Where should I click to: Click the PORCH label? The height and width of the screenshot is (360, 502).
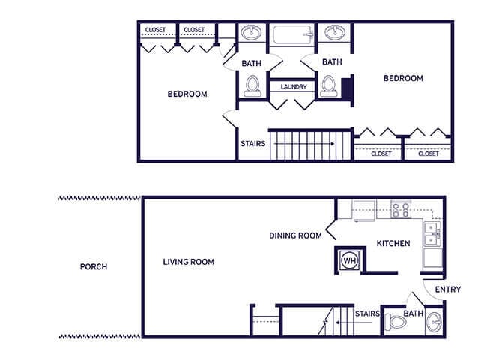94,267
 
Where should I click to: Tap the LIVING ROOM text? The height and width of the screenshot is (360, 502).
188,262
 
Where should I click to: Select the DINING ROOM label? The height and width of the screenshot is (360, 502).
295,235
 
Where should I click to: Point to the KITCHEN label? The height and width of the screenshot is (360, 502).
393,244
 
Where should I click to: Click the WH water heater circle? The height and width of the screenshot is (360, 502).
348,260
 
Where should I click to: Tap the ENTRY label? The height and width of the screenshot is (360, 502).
447,289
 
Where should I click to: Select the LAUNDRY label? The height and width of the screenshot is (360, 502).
293,87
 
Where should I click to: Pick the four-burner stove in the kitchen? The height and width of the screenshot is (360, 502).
399,209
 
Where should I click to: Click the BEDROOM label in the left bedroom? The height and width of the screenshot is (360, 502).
187,94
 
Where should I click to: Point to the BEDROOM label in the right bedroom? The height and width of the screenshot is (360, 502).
403,78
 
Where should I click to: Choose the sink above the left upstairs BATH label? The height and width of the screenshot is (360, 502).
251,33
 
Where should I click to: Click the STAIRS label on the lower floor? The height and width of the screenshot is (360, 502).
366,313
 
